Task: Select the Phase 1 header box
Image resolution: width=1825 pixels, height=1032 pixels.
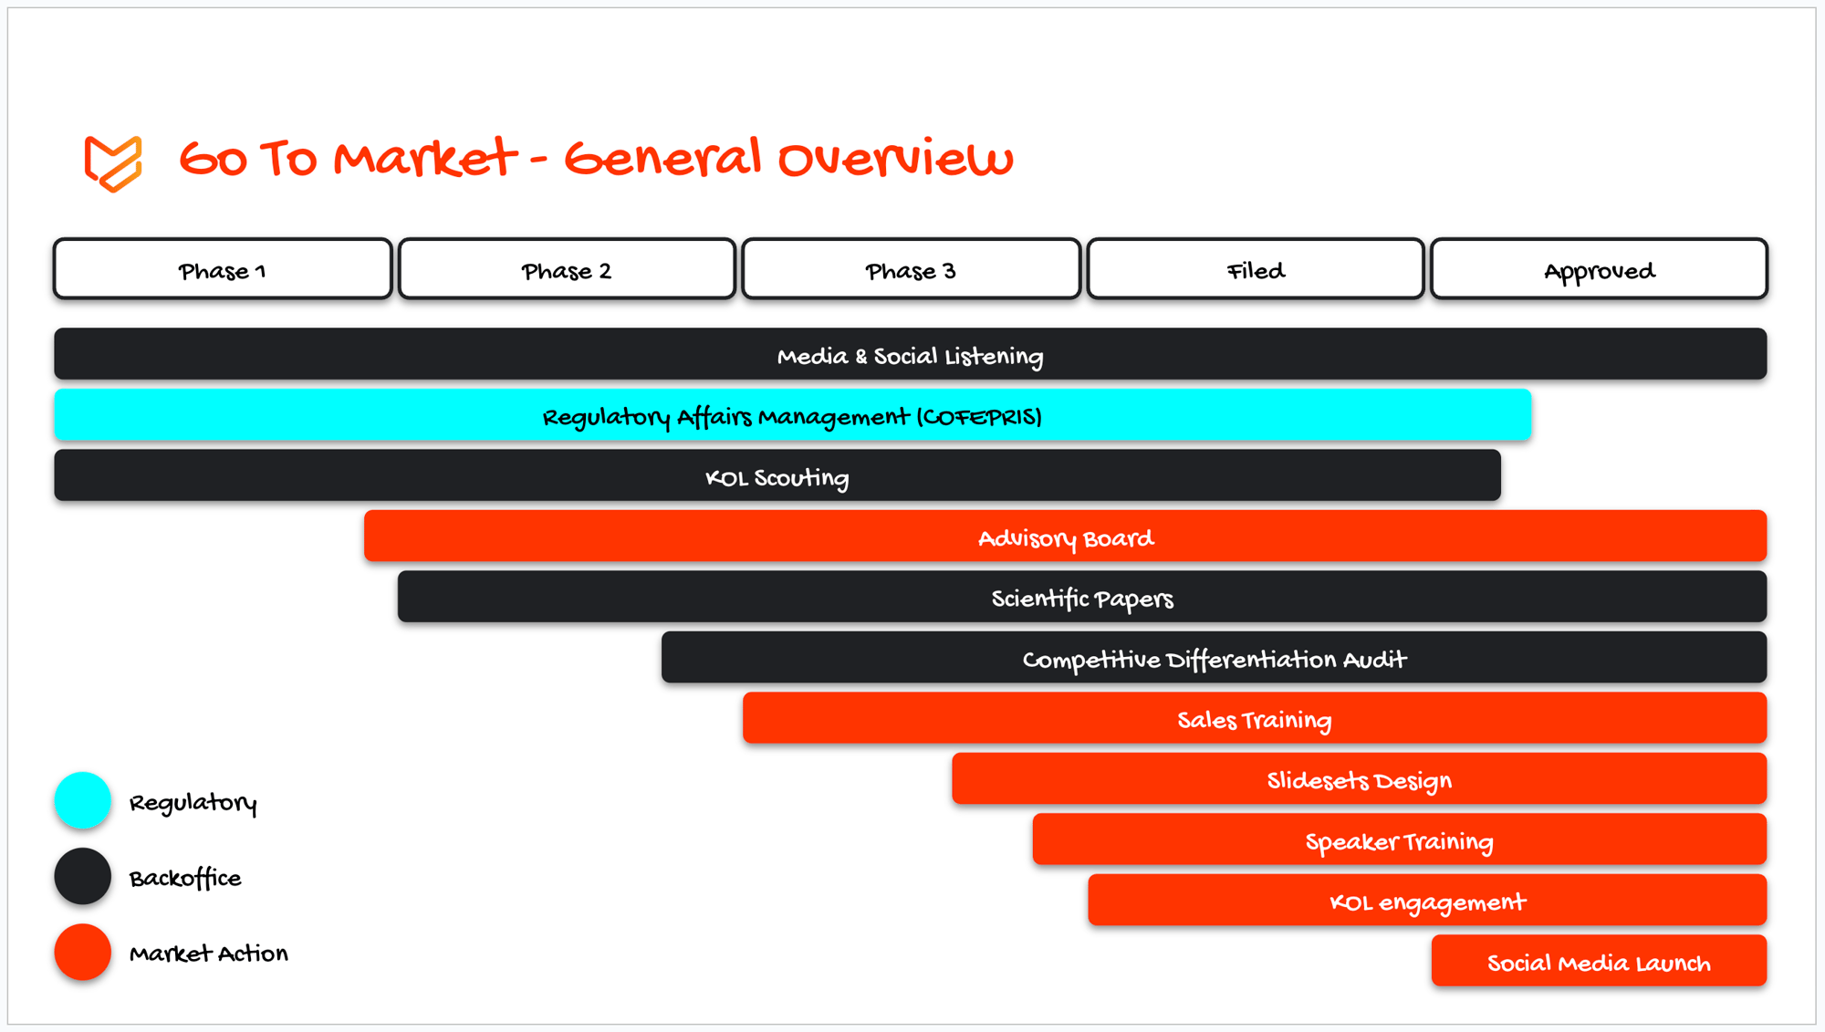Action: click(223, 269)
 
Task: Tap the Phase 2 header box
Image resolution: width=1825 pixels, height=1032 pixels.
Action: click(567, 269)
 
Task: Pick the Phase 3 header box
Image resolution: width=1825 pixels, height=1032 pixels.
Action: click(911, 269)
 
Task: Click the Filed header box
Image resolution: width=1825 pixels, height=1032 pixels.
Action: click(1256, 269)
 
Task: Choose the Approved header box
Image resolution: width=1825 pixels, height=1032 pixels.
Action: click(1599, 269)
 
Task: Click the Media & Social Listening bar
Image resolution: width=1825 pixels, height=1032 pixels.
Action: click(911, 354)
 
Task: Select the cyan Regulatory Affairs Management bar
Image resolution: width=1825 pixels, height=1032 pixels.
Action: click(792, 415)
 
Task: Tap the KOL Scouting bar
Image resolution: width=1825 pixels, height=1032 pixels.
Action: click(777, 475)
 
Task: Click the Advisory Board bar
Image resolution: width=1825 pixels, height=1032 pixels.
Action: click(1066, 536)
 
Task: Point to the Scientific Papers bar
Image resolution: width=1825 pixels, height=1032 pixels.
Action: click(1082, 597)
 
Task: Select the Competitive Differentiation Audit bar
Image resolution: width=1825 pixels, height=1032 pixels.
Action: click(1215, 657)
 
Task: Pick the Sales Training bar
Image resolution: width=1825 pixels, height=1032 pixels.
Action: click(1255, 718)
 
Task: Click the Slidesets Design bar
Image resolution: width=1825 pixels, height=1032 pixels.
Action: click(1360, 778)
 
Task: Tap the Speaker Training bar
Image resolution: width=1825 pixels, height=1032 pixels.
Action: click(1400, 839)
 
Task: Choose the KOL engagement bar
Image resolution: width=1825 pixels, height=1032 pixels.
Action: click(1427, 900)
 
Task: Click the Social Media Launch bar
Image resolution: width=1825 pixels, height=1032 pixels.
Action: click(1600, 961)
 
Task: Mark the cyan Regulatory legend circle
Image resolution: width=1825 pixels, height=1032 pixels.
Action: click(83, 800)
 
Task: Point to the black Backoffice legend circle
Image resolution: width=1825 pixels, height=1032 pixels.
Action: click(83, 876)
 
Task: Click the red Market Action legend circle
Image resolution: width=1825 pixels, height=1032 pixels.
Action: click(83, 952)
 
